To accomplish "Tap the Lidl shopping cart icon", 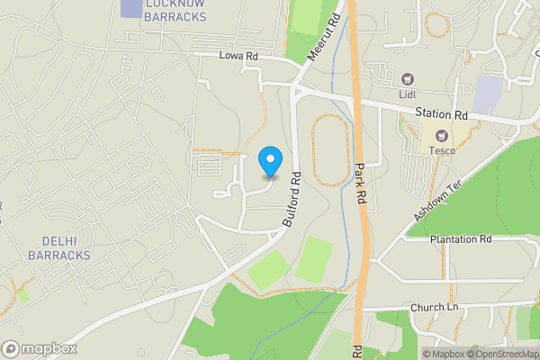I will tap(407, 79).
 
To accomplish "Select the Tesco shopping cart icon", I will tap(441, 134).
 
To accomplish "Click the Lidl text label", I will tap(407, 94).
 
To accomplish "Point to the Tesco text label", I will tap(441, 149).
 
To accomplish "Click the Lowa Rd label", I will tap(238, 55).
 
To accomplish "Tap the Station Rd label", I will tap(442, 114).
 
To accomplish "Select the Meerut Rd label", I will tap(323, 36).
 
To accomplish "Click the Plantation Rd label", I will tap(461, 239).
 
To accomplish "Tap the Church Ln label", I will tap(435, 308).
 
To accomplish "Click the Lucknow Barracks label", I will tap(175, 9).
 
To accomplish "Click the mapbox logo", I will tap(40, 348).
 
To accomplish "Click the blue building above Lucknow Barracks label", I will tap(130, 5).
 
